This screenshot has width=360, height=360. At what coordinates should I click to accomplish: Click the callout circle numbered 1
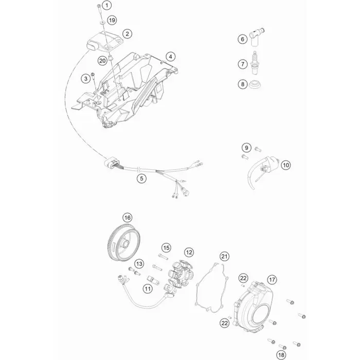click(x=106, y=5)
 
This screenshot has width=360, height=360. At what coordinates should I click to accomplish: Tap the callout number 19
click(x=112, y=20)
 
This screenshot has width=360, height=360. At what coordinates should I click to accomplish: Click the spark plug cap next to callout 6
click(x=257, y=37)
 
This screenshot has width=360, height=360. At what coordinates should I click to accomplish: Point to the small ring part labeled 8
click(x=255, y=84)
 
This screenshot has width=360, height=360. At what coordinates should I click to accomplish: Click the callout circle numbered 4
click(x=171, y=57)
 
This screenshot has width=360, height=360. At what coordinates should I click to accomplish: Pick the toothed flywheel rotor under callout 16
click(x=124, y=242)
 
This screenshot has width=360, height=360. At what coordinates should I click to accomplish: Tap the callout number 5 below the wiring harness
click(x=141, y=178)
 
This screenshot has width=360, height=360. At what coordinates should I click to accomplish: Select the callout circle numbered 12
click(x=189, y=253)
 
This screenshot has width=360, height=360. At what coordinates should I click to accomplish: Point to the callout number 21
click(x=225, y=256)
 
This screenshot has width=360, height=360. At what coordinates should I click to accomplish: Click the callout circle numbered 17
click(x=272, y=280)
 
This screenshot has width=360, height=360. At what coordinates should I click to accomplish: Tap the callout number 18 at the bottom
click(x=281, y=355)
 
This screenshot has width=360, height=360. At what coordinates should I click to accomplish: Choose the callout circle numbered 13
click(x=139, y=264)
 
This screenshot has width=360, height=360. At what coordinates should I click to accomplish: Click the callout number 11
click(x=148, y=289)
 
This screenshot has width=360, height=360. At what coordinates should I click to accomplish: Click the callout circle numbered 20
click(x=102, y=61)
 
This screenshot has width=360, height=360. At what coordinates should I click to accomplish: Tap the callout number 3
click(x=86, y=79)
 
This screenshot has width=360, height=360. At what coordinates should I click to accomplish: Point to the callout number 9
click(x=246, y=148)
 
